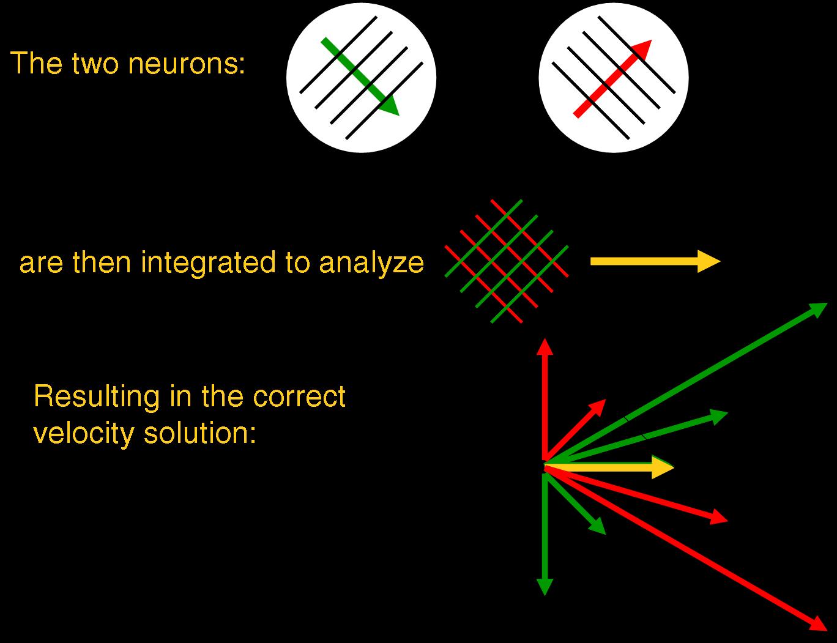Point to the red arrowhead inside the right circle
tap(642, 49)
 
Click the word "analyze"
tap(371, 263)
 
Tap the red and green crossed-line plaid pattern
tap(507, 261)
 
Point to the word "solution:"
tap(199, 433)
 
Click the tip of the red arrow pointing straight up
tap(544, 340)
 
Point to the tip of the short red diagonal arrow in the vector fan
tap(604, 401)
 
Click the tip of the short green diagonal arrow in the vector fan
tap(603, 532)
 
